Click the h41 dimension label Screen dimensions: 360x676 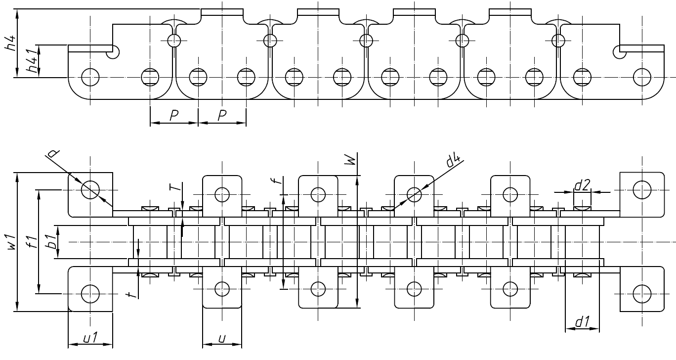click(32, 62)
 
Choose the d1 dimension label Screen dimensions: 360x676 click(582, 322)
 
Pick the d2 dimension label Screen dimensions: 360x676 click(582, 186)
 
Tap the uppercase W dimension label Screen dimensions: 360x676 click(350, 159)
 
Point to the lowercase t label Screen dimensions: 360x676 click(130, 294)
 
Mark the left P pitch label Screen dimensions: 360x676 click(173, 116)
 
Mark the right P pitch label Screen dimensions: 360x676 click(221, 116)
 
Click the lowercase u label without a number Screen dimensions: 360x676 click(222, 338)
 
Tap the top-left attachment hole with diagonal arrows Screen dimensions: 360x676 click(90, 188)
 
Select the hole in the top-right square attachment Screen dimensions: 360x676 click(641, 188)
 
